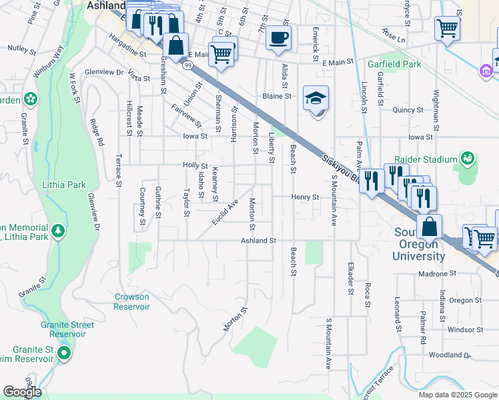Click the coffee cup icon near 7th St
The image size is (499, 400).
point(278,37)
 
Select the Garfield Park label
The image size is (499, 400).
point(394,65)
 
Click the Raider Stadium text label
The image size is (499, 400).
point(426,159)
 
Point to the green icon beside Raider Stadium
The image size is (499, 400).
point(468,158)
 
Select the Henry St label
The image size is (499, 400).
point(306,197)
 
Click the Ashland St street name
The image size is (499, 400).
point(258,240)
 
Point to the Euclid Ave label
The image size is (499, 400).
point(225,211)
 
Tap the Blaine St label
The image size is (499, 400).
point(277,96)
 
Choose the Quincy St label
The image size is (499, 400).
point(408,110)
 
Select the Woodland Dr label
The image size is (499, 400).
point(450,356)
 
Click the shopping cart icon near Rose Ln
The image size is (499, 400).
point(446,28)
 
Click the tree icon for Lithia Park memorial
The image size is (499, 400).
point(59,230)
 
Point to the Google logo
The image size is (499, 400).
point(21,392)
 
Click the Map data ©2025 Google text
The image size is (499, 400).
point(457,395)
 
